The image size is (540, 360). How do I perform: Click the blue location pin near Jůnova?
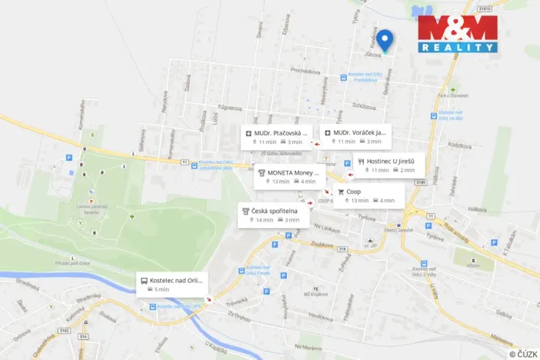point(388,39)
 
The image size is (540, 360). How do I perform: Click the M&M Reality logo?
point(458,34)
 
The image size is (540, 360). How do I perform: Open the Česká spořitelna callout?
point(273,215)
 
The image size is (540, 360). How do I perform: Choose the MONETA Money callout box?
point(287,177)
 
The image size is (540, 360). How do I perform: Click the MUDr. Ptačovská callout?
point(278,137)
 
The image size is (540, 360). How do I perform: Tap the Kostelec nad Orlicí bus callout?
point(174,284)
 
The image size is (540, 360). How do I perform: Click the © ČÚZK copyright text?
point(522,353)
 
